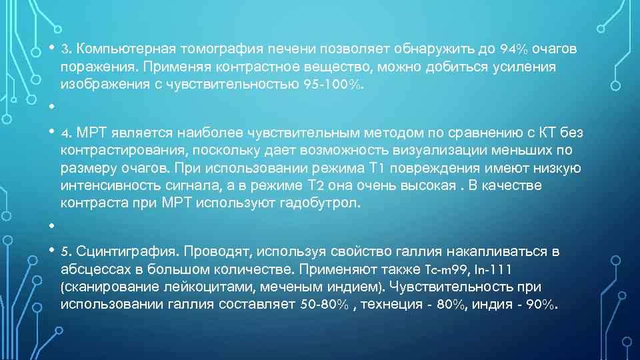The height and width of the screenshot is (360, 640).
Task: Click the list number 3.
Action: [65, 49]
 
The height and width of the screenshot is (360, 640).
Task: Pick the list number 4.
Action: [65, 133]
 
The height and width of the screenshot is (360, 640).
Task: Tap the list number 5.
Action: [65, 251]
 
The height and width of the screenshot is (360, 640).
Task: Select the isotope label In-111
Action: [495, 269]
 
